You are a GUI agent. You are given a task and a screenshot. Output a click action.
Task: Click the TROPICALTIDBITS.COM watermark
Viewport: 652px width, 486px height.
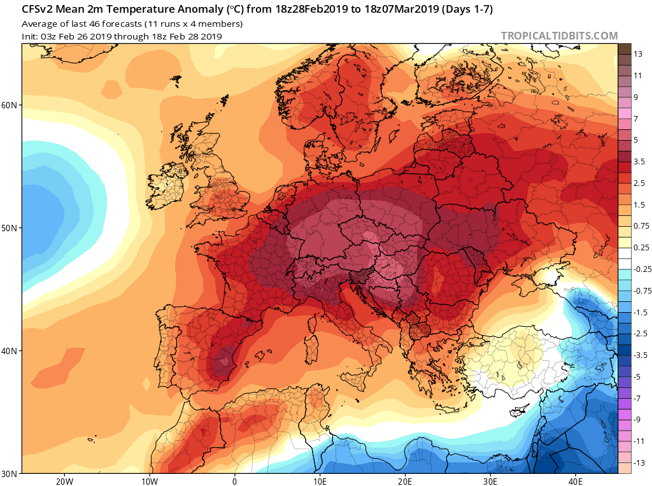pyautogui.click(x=559, y=36)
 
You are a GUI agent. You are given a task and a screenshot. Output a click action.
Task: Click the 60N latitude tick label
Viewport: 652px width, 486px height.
pyautogui.click(x=9, y=105)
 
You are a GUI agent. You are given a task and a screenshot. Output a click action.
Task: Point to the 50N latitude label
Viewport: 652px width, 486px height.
pyautogui.click(x=9, y=228)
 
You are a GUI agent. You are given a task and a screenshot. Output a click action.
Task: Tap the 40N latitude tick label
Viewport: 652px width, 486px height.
pyautogui.click(x=9, y=351)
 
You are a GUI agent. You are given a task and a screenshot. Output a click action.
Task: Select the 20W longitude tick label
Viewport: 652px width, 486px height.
pyautogui.click(x=64, y=482)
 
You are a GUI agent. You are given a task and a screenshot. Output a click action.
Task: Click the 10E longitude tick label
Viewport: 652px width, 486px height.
pyautogui.click(x=320, y=482)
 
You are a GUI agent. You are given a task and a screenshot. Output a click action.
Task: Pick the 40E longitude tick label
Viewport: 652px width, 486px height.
pyautogui.click(x=576, y=482)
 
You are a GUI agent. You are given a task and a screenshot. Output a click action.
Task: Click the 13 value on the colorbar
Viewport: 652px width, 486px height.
pyautogui.click(x=638, y=54)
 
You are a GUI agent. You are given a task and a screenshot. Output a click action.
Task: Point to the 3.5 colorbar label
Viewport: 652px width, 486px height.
pyautogui.click(x=639, y=161)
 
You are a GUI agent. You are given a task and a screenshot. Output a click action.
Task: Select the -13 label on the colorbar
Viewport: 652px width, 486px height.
pyautogui.click(x=639, y=462)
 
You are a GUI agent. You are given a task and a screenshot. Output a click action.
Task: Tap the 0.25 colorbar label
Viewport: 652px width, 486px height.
pyautogui.click(x=641, y=248)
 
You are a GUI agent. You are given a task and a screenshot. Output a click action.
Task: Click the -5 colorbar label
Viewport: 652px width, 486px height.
pyautogui.click(x=637, y=376)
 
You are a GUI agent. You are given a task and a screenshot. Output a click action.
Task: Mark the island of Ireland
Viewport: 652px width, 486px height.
pyautogui.click(x=166, y=187)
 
